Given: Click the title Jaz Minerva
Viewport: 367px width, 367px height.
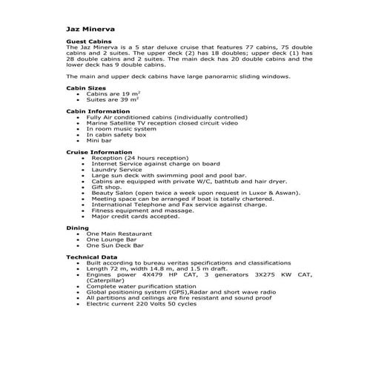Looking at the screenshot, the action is [x=87, y=29].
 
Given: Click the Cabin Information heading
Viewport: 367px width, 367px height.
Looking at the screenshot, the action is [x=93, y=110].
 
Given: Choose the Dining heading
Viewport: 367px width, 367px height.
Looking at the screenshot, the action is [x=77, y=228].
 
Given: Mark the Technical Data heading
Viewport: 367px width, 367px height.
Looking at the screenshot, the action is [x=91, y=256].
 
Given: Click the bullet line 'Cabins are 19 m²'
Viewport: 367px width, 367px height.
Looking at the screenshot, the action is [x=113, y=94].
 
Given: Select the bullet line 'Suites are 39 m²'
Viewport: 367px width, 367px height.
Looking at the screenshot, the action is [x=113, y=100].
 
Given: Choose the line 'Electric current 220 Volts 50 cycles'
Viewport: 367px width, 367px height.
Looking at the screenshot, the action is [x=141, y=304].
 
